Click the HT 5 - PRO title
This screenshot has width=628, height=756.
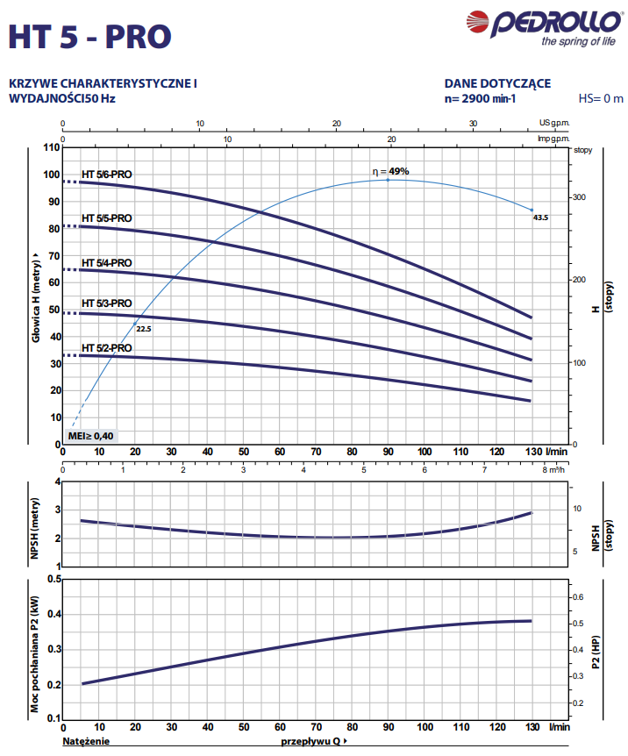tap(89, 36)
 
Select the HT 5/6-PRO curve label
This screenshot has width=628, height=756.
tap(107, 175)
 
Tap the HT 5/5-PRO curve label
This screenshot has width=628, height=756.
tap(107, 218)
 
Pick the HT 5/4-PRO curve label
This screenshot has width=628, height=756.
tap(107, 262)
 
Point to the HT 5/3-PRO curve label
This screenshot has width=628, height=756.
tap(107, 303)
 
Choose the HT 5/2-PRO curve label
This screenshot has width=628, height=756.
tap(107, 347)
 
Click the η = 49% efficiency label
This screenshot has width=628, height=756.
tap(390, 172)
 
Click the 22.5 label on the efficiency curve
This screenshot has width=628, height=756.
tap(144, 328)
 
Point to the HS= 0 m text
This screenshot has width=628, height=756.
tap(601, 98)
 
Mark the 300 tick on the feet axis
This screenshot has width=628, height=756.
tap(579, 197)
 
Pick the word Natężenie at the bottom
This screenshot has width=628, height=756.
tap(85, 741)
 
